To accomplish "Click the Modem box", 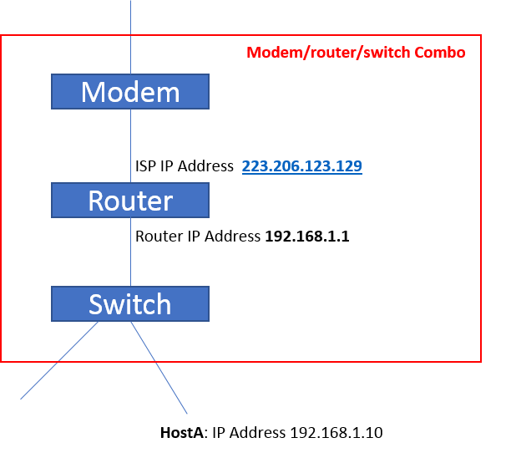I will (x=129, y=92).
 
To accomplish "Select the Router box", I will (x=129, y=201).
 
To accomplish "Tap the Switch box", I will (x=129, y=304).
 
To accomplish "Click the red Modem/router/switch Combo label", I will (x=356, y=52).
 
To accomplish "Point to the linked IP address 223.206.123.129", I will (x=301, y=166).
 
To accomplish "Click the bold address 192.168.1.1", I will (x=306, y=237).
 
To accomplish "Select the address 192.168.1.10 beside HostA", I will (x=336, y=433).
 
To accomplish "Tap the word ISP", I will (x=145, y=166).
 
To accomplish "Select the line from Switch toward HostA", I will (x=159, y=368).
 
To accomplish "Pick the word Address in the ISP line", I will (x=209, y=166).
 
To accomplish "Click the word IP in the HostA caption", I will (x=219, y=433).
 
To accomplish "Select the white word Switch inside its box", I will (x=129, y=304).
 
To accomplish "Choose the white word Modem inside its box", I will (x=129, y=92).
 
